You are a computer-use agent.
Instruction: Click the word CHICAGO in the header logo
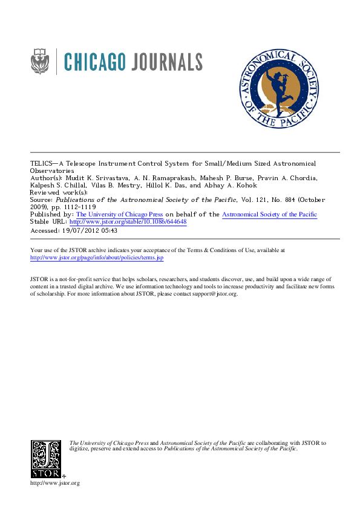click(95, 62)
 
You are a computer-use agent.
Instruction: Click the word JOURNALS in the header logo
click(165, 62)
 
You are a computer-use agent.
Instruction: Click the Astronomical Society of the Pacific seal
click(278, 88)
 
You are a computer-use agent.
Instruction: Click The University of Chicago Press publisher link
click(119, 215)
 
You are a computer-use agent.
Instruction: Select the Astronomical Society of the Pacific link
click(269, 215)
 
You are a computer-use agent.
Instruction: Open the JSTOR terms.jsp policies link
click(97, 258)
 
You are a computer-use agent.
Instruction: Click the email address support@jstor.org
click(215, 294)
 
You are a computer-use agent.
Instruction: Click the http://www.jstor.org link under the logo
click(54, 483)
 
